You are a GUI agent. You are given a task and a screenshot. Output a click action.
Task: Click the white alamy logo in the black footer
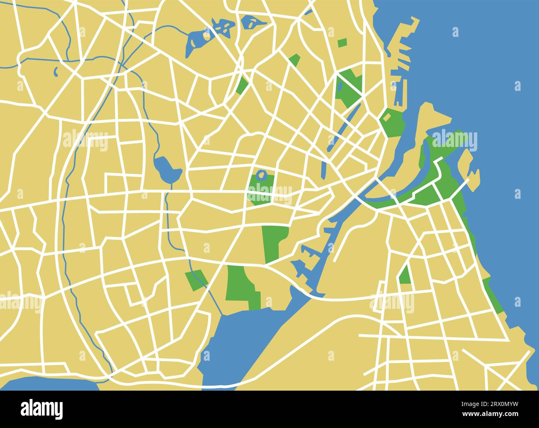tap(42, 409)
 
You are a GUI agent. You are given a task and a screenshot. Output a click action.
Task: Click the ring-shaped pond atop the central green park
tap(262, 175)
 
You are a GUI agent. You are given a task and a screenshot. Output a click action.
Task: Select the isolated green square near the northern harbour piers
tap(342, 43)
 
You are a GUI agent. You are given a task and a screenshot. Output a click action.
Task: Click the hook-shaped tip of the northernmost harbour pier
tap(415, 21)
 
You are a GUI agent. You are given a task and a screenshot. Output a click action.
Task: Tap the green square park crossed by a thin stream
tap(196, 280)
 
